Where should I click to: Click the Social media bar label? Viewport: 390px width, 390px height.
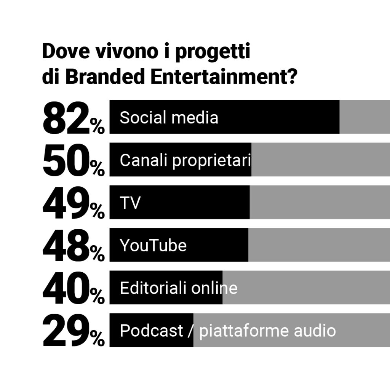[x=169, y=118]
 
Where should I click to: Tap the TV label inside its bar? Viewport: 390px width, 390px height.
[x=130, y=203]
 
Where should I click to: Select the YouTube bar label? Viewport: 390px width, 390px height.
[x=153, y=246]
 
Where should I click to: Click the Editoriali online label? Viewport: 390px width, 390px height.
[x=178, y=288]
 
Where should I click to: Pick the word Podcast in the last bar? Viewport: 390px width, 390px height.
[x=151, y=331]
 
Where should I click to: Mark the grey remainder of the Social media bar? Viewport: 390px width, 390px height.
[x=364, y=117]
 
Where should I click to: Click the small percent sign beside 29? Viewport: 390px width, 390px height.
[x=97, y=338]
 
